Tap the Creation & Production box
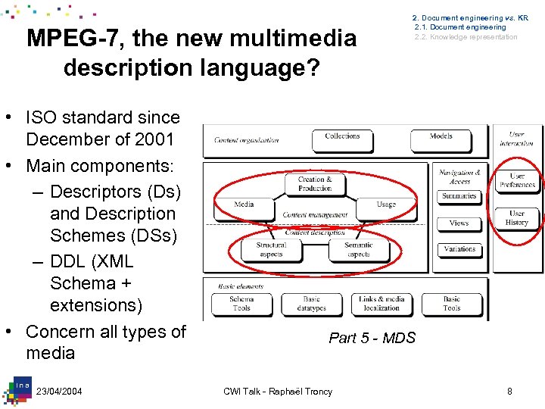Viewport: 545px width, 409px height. pos(315,184)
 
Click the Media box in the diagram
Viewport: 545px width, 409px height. pos(244,204)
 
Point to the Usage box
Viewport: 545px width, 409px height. pos(386,204)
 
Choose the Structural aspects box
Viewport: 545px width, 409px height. pos(271,249)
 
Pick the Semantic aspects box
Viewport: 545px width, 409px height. pos(358,249)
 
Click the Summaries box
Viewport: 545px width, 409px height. pos(459,197)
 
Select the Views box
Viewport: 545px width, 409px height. pos(459,223)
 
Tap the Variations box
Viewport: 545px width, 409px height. pos(459,249)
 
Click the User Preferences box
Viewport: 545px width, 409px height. pos(518,180)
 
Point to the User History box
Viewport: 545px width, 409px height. pos(517,218)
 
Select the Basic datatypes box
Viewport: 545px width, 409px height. pos(312,304)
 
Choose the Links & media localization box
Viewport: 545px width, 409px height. pos(381,304)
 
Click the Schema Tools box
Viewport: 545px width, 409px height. pos(241,304)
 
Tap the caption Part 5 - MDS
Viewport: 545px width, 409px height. pos(372,338)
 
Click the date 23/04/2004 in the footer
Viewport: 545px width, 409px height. pos(59,391)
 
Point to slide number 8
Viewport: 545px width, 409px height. pos(509,391)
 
